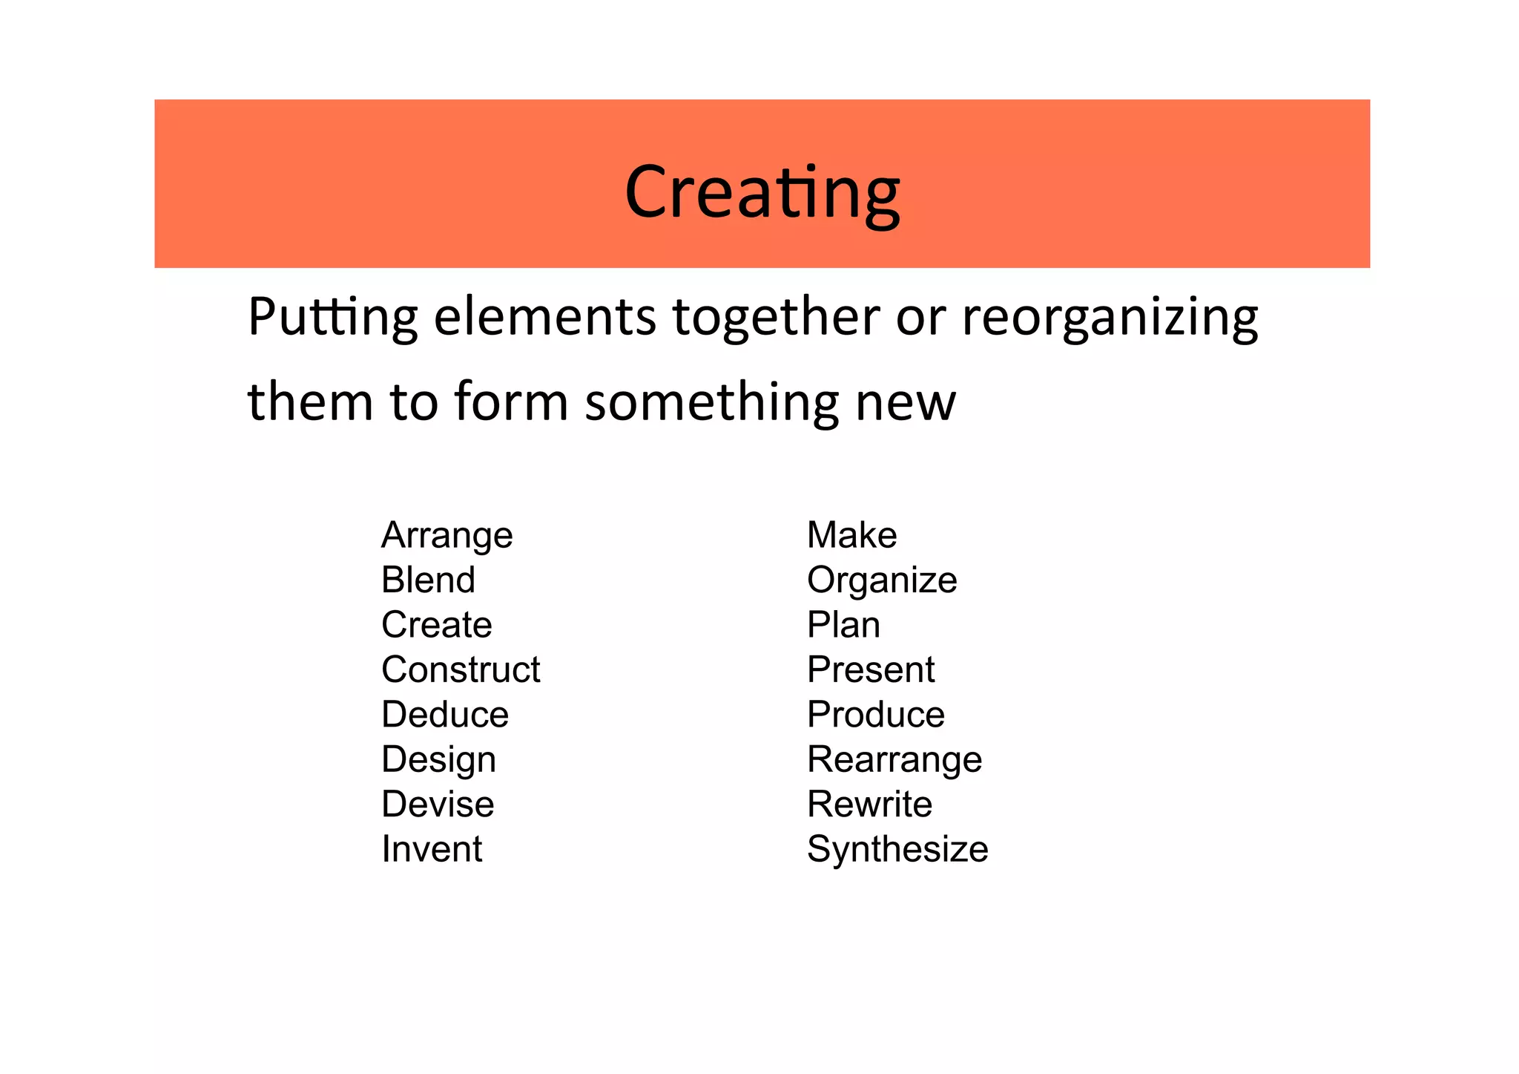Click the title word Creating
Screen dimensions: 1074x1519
tap(762, 191)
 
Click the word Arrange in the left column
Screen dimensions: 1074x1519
tap(447, 535)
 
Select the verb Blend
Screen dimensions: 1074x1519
tap(428, 580)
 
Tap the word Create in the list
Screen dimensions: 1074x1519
tap(436, 624)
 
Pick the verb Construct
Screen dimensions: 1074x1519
tap(461, 669)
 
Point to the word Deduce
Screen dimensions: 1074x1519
tap(445, 714)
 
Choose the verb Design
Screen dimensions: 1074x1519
tap(438, 759)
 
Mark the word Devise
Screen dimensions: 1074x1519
tap(438, 804)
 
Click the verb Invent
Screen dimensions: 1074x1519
tap(432, 849)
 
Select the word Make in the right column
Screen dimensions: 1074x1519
tap(851, 535)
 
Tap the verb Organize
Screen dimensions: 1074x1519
tap(882, 580)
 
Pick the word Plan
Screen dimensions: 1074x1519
tap(843, 624)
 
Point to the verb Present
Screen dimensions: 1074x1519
tap(871, 669)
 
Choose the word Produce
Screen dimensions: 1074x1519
tap(876, 714)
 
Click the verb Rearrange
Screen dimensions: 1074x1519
tap(894, 759)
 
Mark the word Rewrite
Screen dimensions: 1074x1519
tap(869, 804)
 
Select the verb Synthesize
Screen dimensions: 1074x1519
tap(897, 849)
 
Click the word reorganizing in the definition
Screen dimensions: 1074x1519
tap(1110, 318)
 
